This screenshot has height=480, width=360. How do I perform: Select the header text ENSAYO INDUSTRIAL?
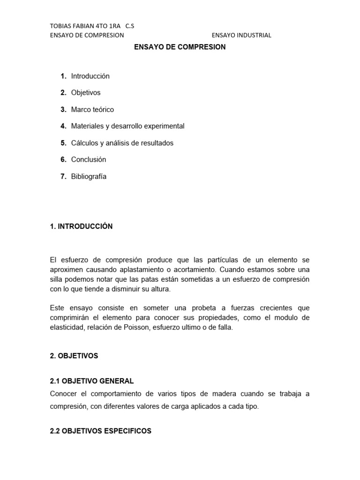pos(241,35)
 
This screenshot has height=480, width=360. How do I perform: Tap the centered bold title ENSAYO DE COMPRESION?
pos(180,47)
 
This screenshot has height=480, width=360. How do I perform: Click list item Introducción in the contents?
pos(90,76)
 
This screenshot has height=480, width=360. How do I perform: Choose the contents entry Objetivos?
pos(86,93)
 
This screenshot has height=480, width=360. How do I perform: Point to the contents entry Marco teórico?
pos(92,109)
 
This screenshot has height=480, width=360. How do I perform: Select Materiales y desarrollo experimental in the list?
pos(127,126)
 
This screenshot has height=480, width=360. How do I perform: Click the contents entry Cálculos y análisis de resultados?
pos(122,143)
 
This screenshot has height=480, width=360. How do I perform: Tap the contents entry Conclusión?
pos(89,159)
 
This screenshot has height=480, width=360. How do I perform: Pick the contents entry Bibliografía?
pos(89,176)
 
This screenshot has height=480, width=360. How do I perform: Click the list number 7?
pos(63,176)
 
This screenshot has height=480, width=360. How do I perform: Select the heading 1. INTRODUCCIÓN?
pos(81,226)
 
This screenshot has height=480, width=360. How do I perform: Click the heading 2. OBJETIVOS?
pos(74,356)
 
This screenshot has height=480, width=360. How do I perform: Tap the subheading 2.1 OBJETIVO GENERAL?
pos(92,381)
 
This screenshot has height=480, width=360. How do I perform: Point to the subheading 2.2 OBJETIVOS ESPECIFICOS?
pos(101,431)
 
